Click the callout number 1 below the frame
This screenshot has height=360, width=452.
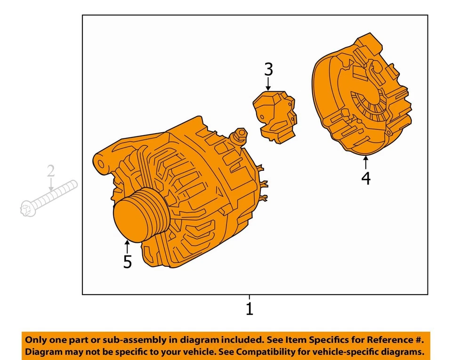(249, 309)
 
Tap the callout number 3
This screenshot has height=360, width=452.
(268, 70)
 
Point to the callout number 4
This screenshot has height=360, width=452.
(366, 178)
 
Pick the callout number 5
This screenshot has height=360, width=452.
(127, 262)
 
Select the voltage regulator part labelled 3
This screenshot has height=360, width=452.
(275, 115)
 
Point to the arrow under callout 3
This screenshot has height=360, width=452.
(268, 84)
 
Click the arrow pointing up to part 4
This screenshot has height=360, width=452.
(366, 163)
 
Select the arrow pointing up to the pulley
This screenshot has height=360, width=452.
(127, 246)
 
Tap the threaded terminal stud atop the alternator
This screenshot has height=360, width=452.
(241, 134)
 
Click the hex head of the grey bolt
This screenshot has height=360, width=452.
(27, 208)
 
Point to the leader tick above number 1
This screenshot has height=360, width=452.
(249, 297)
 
